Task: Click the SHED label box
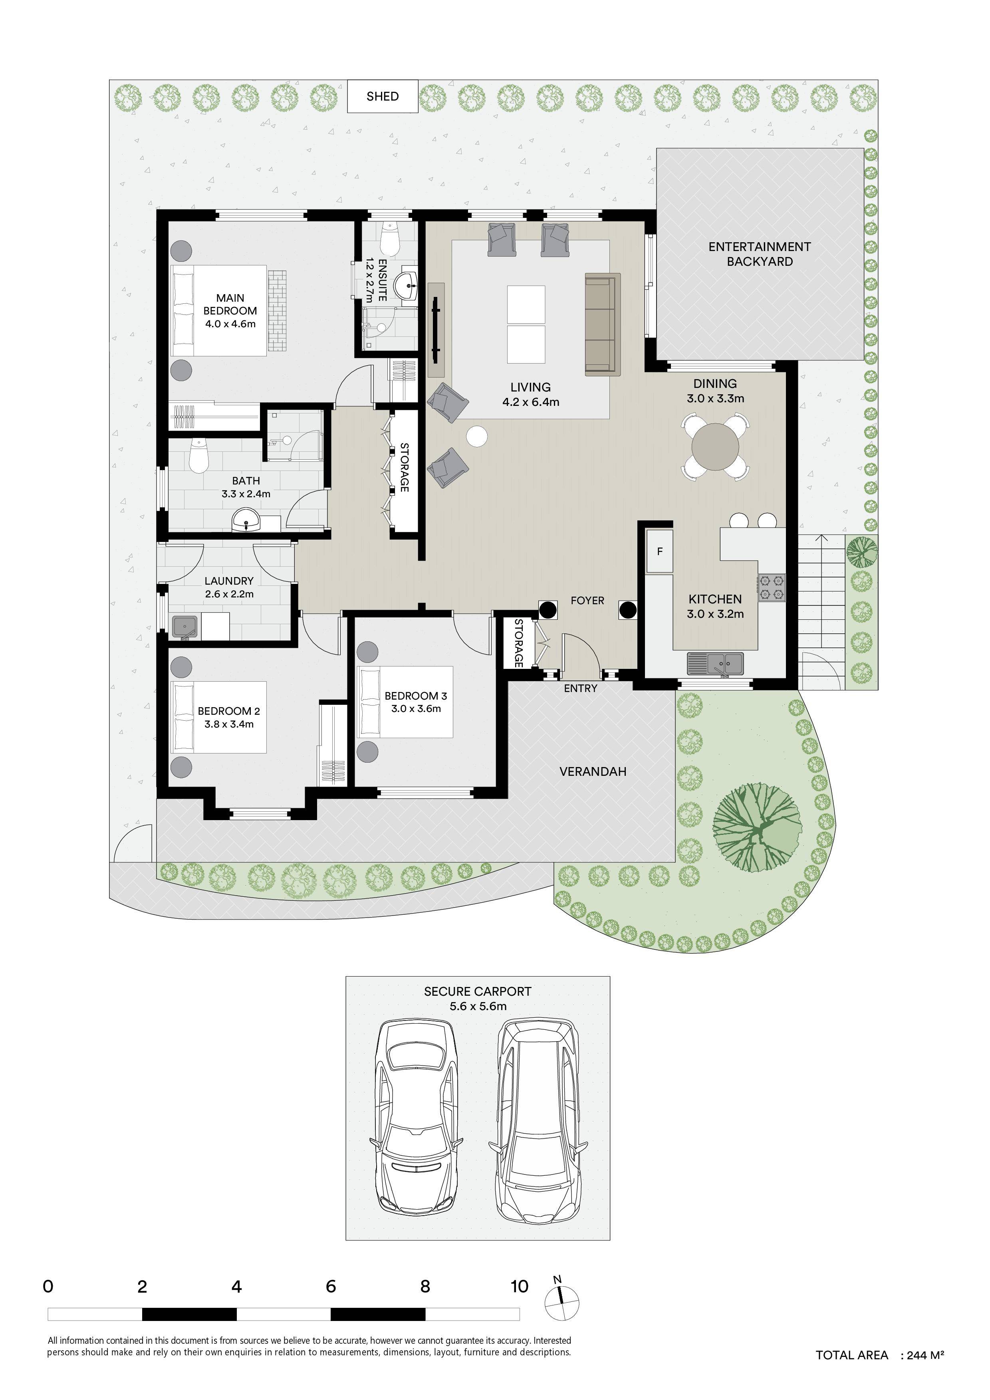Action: click(383, 96)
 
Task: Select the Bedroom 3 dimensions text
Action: click(416, 708)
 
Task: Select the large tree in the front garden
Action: click(757, 827)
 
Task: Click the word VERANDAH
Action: click(593, 771)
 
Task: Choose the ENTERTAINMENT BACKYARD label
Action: click(760, 254)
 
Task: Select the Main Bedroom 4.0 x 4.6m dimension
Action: click(230, 324)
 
